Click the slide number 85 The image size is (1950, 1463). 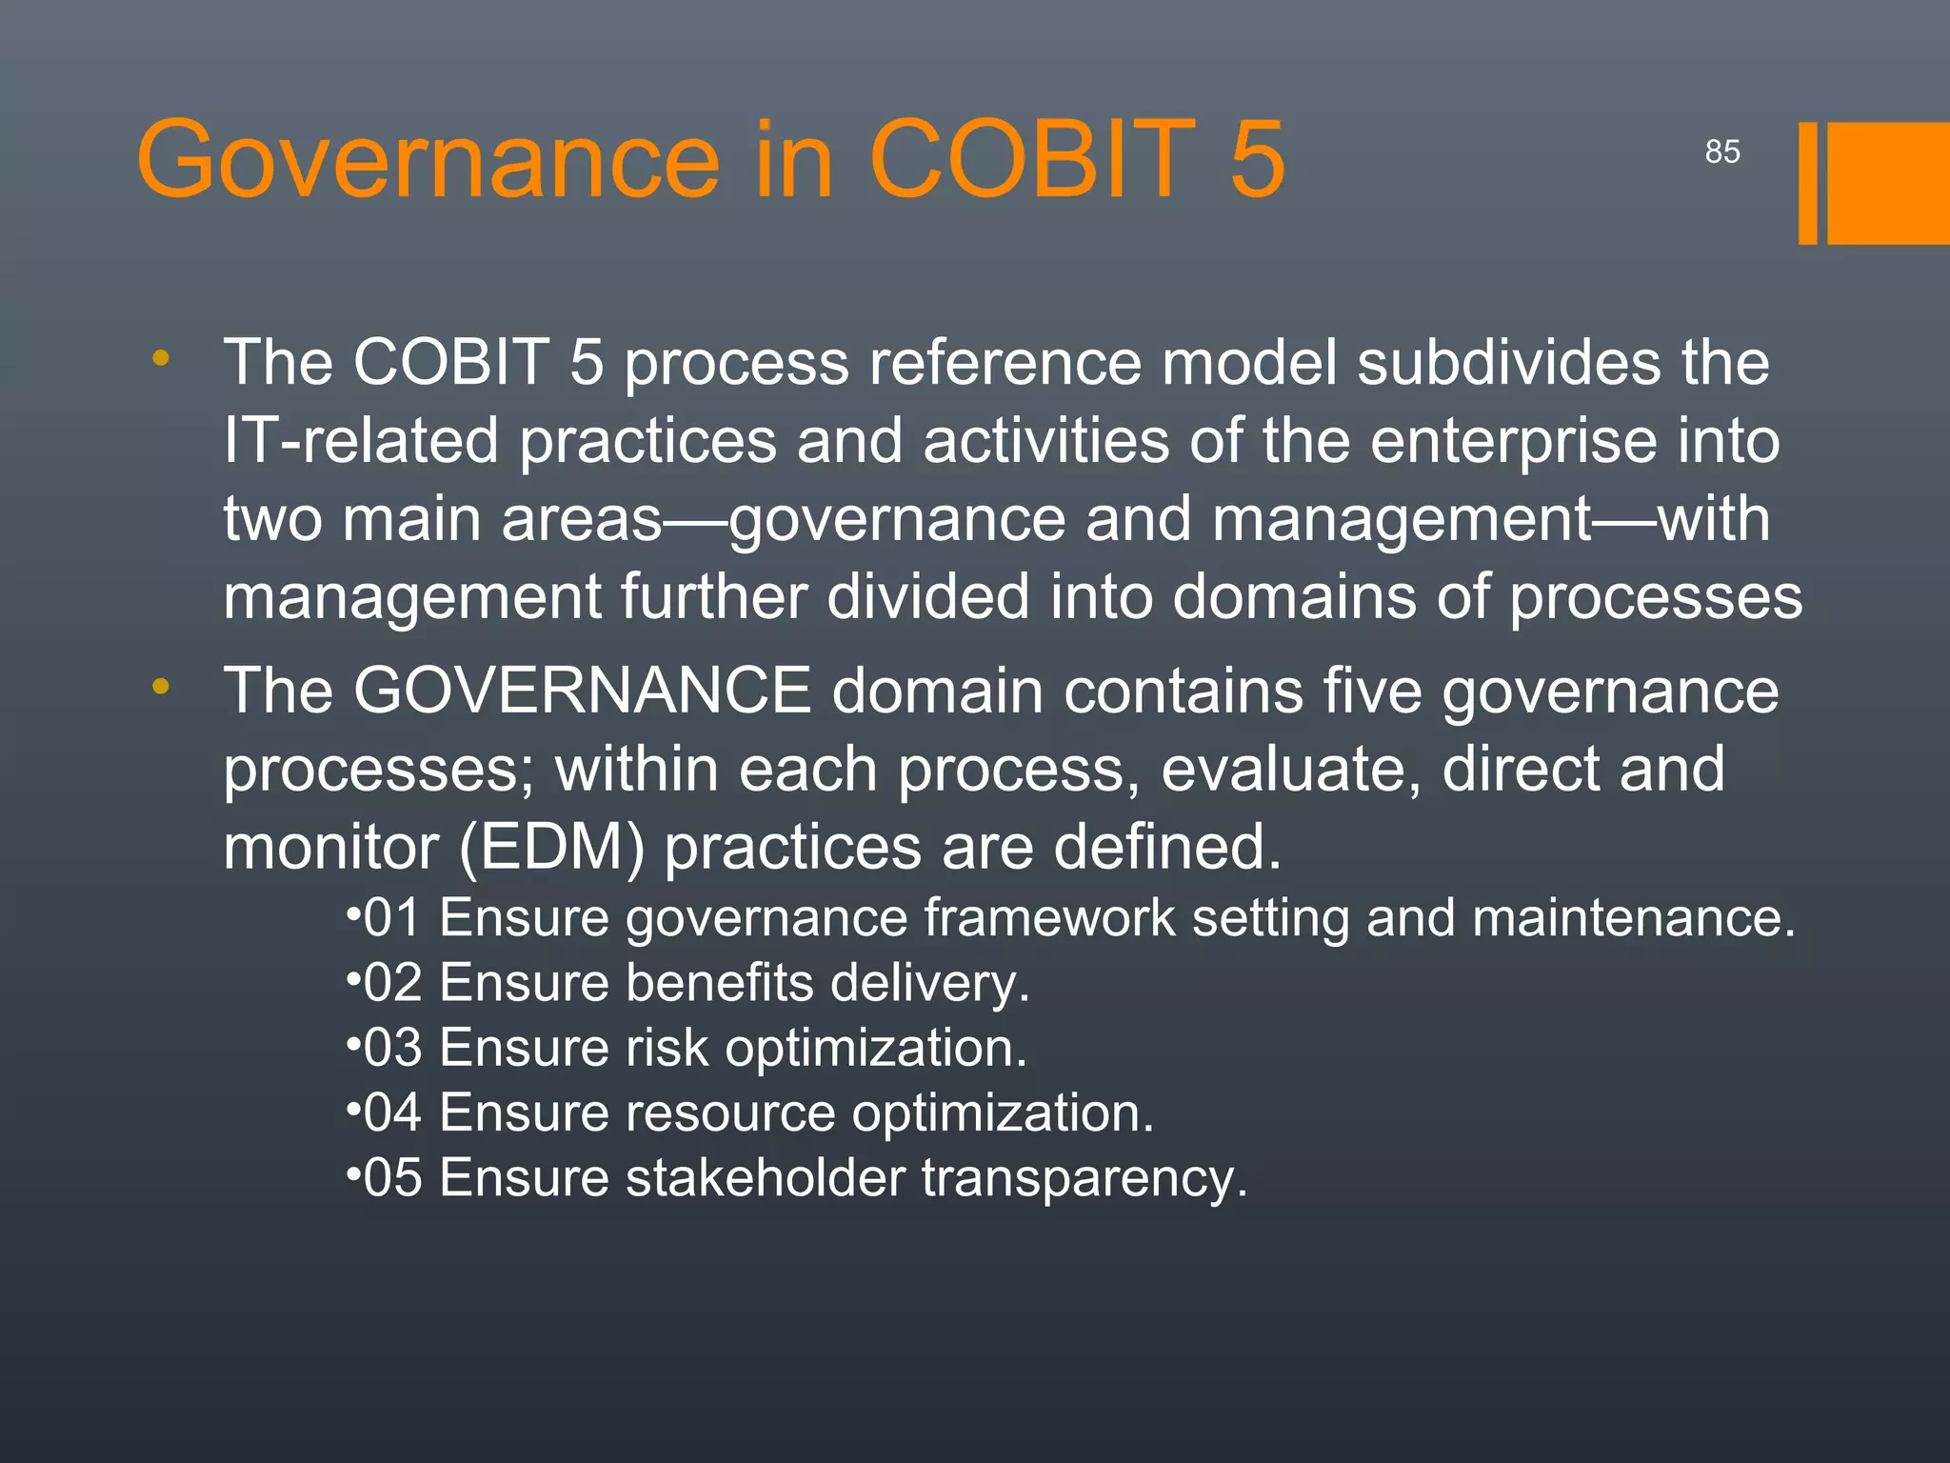[1721, 151]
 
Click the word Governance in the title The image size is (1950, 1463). [428, 159]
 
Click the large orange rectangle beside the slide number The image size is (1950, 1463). [1888, 183]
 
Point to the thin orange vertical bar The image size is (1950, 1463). [1807, 183]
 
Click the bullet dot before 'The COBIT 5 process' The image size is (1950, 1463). [161, 358]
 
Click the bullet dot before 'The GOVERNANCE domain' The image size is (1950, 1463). [161, 686]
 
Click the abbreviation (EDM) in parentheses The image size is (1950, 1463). [551, 847]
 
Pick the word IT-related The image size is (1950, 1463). [361, 441]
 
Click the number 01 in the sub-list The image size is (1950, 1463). [392, 918]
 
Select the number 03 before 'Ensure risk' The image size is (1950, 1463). [392, 1048]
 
